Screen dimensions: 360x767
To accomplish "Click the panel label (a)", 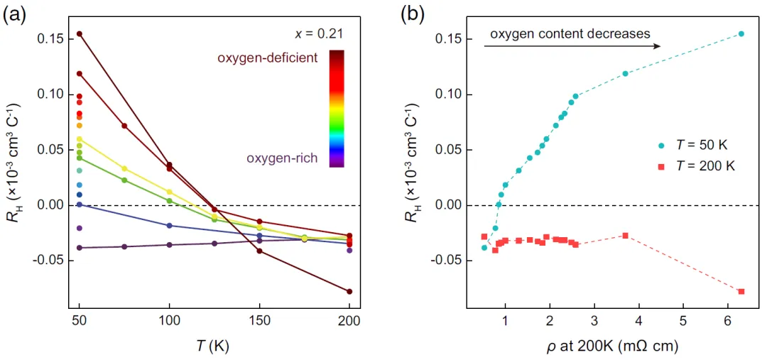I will pos(16,13).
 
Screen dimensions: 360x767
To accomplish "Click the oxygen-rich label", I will pos(282,158).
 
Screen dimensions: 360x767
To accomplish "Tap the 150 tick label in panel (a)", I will pos(259,322).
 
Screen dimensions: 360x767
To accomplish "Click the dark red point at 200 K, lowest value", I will pos(349,292).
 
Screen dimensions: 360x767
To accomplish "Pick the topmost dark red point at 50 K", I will pos(80,34).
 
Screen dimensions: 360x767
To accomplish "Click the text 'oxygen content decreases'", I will pos(570,33).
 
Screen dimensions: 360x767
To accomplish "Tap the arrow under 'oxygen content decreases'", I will pos(572,46).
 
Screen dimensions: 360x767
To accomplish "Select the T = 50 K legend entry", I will pos(693,145).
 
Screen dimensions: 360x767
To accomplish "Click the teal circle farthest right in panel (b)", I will pos(741,34).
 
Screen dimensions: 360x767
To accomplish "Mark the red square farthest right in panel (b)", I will pos(741,292).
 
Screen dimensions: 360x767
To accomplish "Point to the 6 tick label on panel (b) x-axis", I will pos(727,322).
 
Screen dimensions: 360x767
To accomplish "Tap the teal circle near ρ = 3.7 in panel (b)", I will pos(625,74).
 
